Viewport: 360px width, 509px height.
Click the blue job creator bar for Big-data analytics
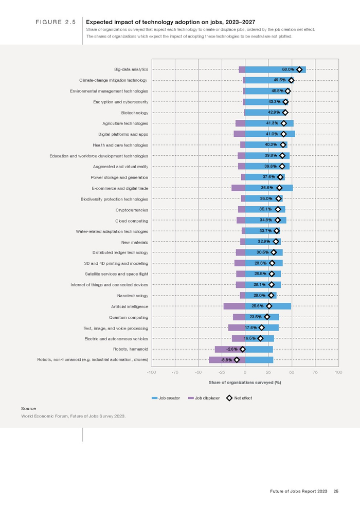click(262, 69)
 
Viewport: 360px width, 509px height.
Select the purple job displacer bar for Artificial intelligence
click(234, 306)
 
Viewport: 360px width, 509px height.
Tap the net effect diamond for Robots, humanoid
click(243, 350)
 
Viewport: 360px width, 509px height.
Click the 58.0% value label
click(287, 69)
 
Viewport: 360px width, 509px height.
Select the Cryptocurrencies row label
click(132, 210)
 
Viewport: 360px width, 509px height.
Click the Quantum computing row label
click(131, 317)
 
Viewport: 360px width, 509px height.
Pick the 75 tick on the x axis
click(315, 372)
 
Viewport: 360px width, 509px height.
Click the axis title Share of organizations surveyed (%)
click(245, 383)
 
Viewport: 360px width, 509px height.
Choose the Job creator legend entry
click(166, 398)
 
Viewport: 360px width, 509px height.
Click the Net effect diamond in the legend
click(230, 398)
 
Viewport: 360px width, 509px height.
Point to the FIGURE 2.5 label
click(56, 23)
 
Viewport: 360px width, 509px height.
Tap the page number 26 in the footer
click(335, 492)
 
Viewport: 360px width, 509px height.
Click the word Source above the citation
click(28, 408)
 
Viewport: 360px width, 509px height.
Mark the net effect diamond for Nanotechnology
click(271, 296)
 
